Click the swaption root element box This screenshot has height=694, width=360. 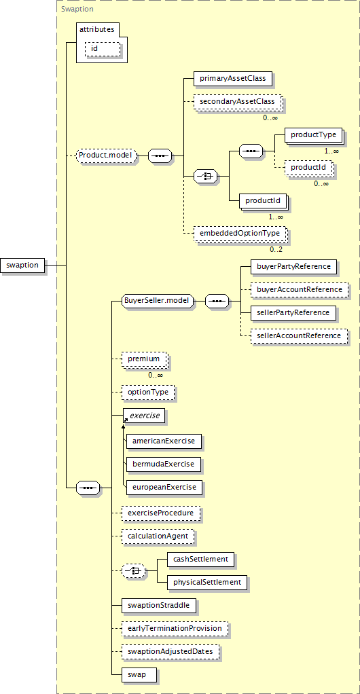click(22, 265)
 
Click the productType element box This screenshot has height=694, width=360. click(314, 135)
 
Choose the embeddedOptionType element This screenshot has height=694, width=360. click(240, 233)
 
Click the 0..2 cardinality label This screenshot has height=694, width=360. click(276, 249)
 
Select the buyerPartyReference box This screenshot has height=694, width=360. click(293, 267)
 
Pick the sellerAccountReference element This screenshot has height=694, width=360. click(299, 336)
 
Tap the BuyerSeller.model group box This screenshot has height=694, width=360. click(157, 302)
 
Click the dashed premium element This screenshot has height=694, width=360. click(144, 359)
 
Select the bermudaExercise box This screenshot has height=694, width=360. click(164, 464)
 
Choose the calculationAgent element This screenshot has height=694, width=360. click(158, 536)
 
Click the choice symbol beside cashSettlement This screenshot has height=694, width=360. click(133, 570)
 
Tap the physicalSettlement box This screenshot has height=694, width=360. click(207, 582)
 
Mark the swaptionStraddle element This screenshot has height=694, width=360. click(160, 605)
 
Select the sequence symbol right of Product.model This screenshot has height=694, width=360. click(160, 156)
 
